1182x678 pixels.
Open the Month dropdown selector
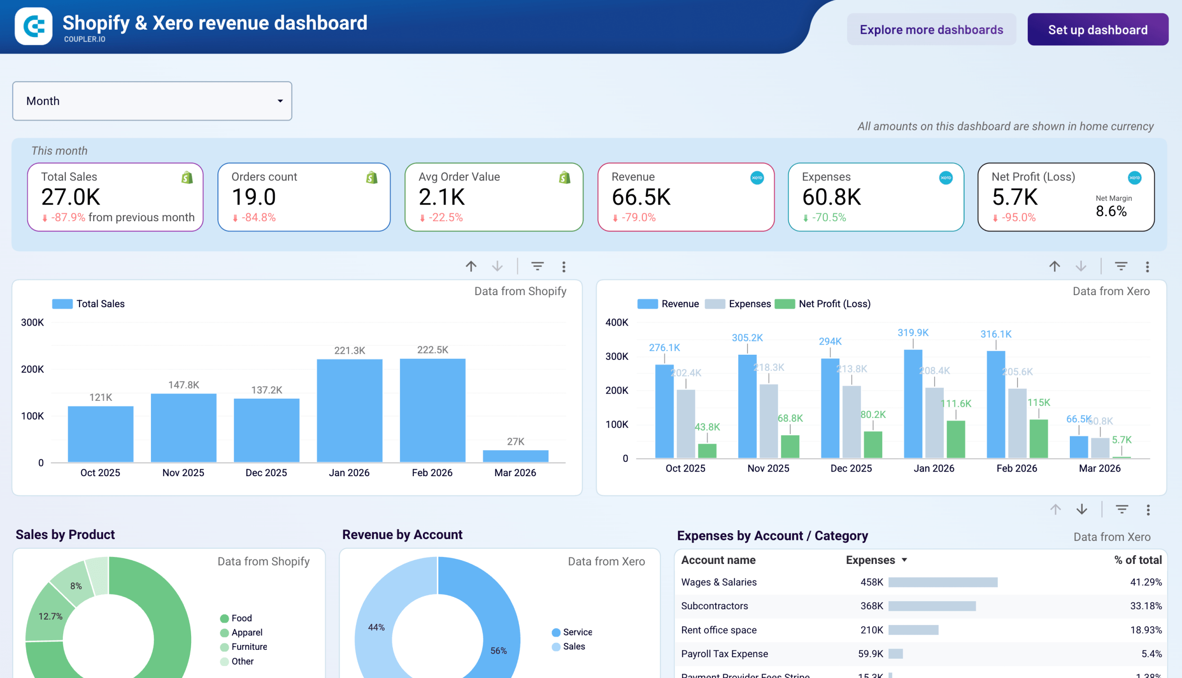(x=152, y=101)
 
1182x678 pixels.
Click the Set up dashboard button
(x=1097, y=30)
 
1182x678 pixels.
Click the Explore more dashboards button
(x=931, y=30)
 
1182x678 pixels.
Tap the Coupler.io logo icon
(x=34, y=26)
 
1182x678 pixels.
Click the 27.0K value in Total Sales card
(x=71, y=197)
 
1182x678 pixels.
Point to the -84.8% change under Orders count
(x=259, y=218)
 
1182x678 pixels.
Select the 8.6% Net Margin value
(x=1111, y=212)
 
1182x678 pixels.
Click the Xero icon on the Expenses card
(x=945, y=177)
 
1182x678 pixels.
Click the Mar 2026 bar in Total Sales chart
(x=515, y=456)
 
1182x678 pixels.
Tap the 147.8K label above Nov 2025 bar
(x=183, y=385)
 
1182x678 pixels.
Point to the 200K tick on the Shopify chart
(x=32, y=369)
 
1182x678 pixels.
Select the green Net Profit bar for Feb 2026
(x=1038, y=438)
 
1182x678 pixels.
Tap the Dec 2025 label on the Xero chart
(x=850, y=468)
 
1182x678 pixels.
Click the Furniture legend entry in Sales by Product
(x=249, y=646)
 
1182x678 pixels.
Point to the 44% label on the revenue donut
(x=376, y=627)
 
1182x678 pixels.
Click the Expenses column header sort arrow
(x=904, y=560)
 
